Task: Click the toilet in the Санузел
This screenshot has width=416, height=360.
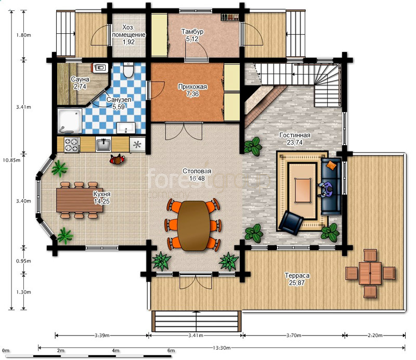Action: (128, 70)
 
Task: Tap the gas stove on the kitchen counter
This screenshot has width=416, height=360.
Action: (72, 145)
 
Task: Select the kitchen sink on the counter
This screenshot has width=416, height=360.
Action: (103, 145)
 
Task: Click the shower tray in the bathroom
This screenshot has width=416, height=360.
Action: (70, 121)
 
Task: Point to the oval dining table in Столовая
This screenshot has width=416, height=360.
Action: (193, 226)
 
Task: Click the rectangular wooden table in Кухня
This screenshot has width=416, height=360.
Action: (80, 200)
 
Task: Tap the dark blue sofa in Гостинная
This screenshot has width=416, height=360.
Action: (331, 186)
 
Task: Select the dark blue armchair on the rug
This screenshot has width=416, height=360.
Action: (291, 223)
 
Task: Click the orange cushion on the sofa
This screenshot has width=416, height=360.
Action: (331, 165)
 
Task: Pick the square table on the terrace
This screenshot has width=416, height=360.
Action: (370, 273)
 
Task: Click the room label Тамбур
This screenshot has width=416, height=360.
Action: (192, 32)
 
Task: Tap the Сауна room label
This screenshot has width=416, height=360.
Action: (80, 79)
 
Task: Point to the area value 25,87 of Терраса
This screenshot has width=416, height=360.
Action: (296, 282)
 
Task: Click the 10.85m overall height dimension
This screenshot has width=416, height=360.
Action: (11, 160)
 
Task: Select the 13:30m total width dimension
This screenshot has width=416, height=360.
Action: (222, 348)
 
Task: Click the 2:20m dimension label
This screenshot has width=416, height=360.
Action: (375, 336)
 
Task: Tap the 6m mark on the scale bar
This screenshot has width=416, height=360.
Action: (171, 351)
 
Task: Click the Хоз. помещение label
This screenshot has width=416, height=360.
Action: (128, 31)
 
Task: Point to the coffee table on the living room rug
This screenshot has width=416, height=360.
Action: (303, 190)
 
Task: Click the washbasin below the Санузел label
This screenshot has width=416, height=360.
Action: (126, 128)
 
